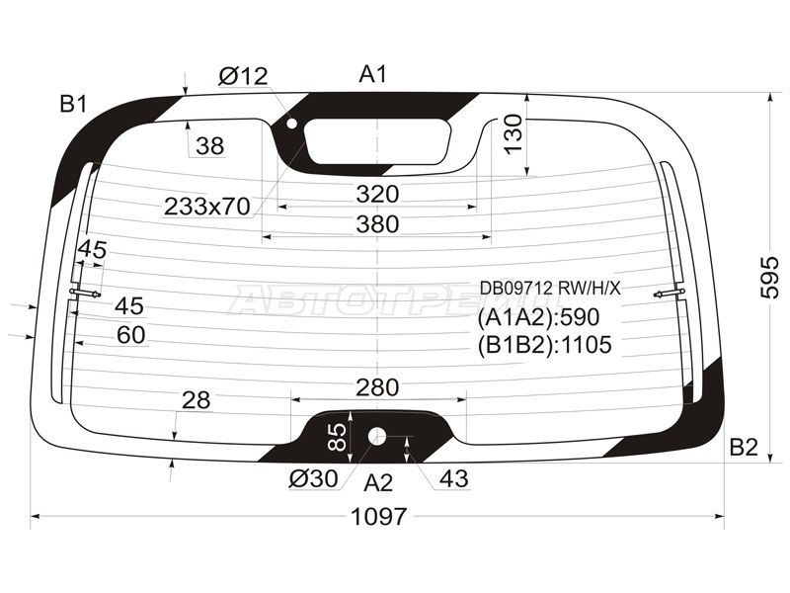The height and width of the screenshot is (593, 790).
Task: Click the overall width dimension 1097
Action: (x=378, y=517)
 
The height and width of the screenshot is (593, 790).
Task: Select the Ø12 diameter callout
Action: (x=243, y=75)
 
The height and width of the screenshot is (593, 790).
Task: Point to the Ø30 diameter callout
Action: (x=314, y=479)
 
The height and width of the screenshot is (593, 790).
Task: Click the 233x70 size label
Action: (x=206, y=206)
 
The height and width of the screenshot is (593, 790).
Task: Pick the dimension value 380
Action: (x=377, y=224)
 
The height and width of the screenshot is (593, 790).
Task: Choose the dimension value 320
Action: (x=377, y=193)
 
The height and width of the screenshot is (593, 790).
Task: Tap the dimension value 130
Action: (x=513, y=133)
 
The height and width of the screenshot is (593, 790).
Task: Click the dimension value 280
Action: (x=377, y=385)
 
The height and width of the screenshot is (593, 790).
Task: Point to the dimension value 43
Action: (x=453, y=479)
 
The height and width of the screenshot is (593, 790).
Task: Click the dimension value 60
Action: (x=130, y=335)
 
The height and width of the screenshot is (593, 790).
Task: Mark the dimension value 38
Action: (x=209, y=146)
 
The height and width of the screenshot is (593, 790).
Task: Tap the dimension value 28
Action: (x=197, y=399)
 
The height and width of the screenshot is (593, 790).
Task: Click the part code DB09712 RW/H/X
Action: (x=550, y=288)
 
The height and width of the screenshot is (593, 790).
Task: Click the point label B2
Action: (x=743, y=448)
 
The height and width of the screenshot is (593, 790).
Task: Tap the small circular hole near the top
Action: (x=291, y=124)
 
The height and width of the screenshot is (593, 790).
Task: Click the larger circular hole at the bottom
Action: (x=377, y=436)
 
